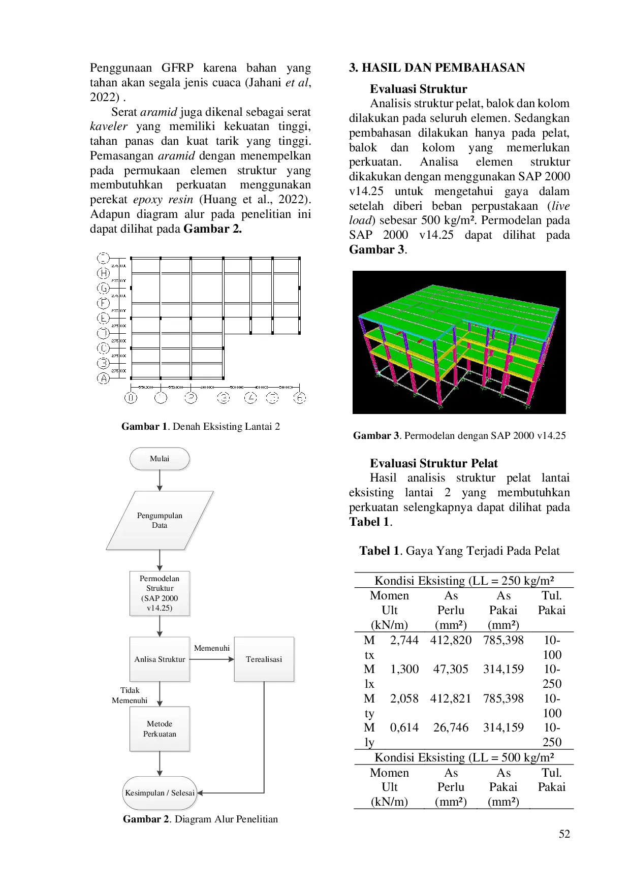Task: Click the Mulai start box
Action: (160, 459)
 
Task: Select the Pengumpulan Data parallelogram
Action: (160, 520)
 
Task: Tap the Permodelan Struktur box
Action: (159, 593)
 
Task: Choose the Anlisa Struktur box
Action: (160, 659)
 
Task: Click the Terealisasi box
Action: (264, 659)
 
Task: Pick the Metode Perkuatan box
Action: (160, 728)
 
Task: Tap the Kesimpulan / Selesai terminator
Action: (160, 792)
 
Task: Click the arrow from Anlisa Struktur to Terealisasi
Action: (211, 659)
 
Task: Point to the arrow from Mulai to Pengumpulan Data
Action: (160, 480)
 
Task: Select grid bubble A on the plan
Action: (103, 378)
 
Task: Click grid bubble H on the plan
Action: (103, 273)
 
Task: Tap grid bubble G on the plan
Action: (103, 289)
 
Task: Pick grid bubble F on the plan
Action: (103, 303)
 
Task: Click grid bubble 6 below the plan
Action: (300, 398)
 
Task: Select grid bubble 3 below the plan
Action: (224, 398)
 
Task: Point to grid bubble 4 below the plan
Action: (251, 398)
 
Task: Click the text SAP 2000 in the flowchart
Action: (160, 598)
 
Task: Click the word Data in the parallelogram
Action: (159, 525)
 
